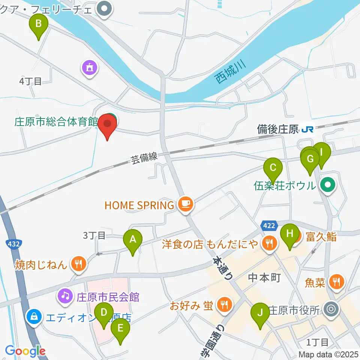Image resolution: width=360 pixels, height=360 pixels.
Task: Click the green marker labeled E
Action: tap(120, 328)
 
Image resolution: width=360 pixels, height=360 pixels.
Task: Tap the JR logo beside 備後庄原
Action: tap(307, 130)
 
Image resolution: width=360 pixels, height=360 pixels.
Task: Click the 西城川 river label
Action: tap(230, 72)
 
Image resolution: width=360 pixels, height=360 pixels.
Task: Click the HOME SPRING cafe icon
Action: tap(185, 205)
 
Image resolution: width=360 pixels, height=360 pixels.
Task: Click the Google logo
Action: tap(25, 351)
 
